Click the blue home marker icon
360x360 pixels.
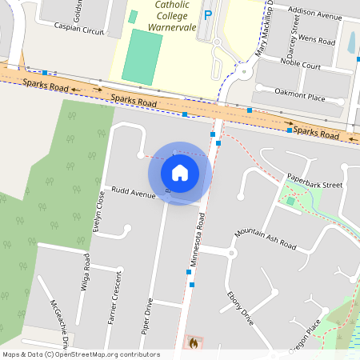(180, 172)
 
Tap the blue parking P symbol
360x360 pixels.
(209, 15)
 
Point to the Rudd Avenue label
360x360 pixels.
(134, 193)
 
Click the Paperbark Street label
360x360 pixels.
(314, 184)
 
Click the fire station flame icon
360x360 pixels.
(192, 342)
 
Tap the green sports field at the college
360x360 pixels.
(142, 56)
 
